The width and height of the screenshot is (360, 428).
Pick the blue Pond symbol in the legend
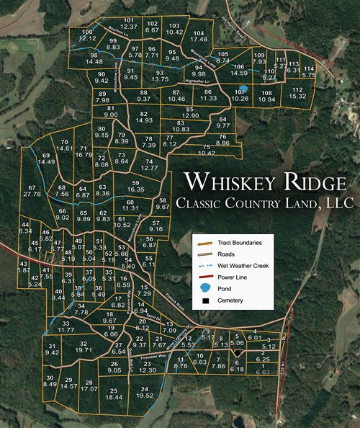pos(202,289)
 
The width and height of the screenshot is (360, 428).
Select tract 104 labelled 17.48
pos(199,37)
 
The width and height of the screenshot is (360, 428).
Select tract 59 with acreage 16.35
pos(136,187)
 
